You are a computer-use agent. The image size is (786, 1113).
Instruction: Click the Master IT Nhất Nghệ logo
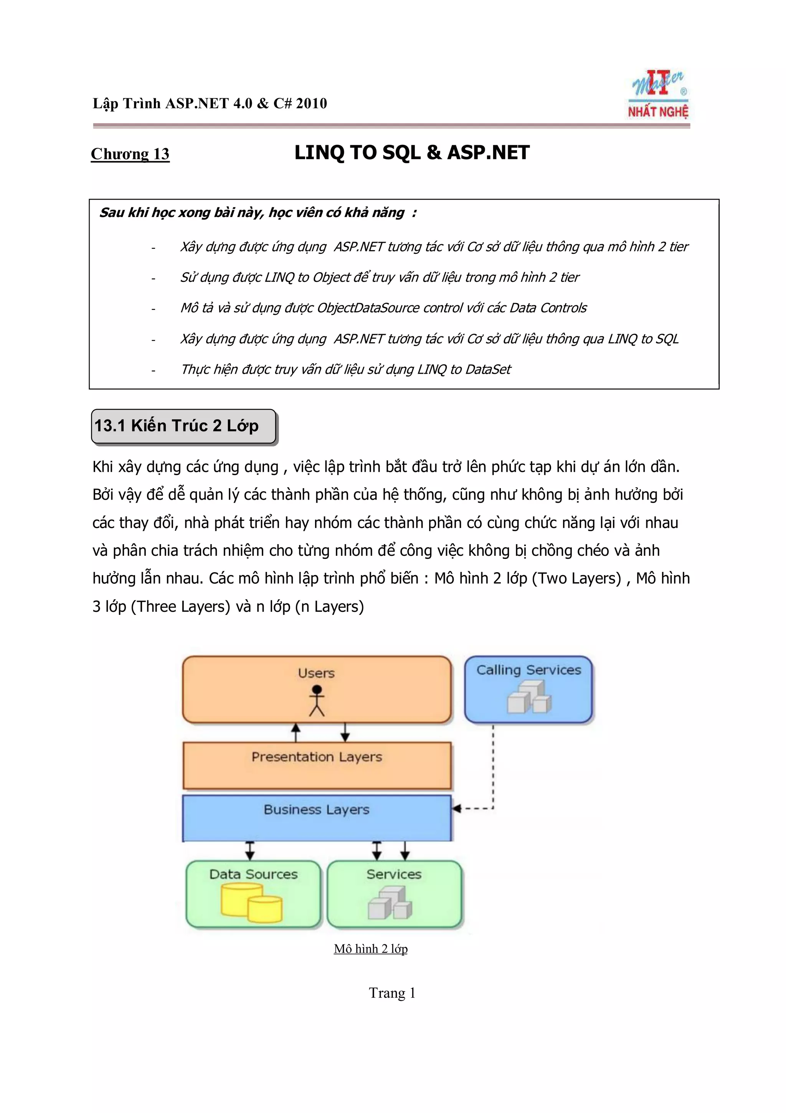pos(659,94)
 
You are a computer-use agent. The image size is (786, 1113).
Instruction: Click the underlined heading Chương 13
pos(130,154)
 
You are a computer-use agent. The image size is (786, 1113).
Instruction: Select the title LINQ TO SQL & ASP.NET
pos(412,153)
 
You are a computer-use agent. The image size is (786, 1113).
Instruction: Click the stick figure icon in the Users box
pos(317,701)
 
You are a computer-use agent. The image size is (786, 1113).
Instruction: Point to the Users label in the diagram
pos(316,673)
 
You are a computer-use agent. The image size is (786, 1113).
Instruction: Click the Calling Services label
pos(528,670)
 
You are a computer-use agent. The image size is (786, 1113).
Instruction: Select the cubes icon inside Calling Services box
pos(529,697)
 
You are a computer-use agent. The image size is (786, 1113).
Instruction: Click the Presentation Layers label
pos(317,757)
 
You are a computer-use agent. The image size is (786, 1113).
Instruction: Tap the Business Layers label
pos(317,810)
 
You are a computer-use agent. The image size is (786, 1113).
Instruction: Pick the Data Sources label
pos(253,874)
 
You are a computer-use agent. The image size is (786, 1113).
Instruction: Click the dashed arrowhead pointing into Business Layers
pos(456,808)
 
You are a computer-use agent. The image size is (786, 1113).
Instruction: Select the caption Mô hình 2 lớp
pos(370,949)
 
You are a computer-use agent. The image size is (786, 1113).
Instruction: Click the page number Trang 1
pos(392,993)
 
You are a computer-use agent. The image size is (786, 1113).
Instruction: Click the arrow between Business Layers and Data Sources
pos(250,850)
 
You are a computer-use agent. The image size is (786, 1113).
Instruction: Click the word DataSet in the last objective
pos(489,369)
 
